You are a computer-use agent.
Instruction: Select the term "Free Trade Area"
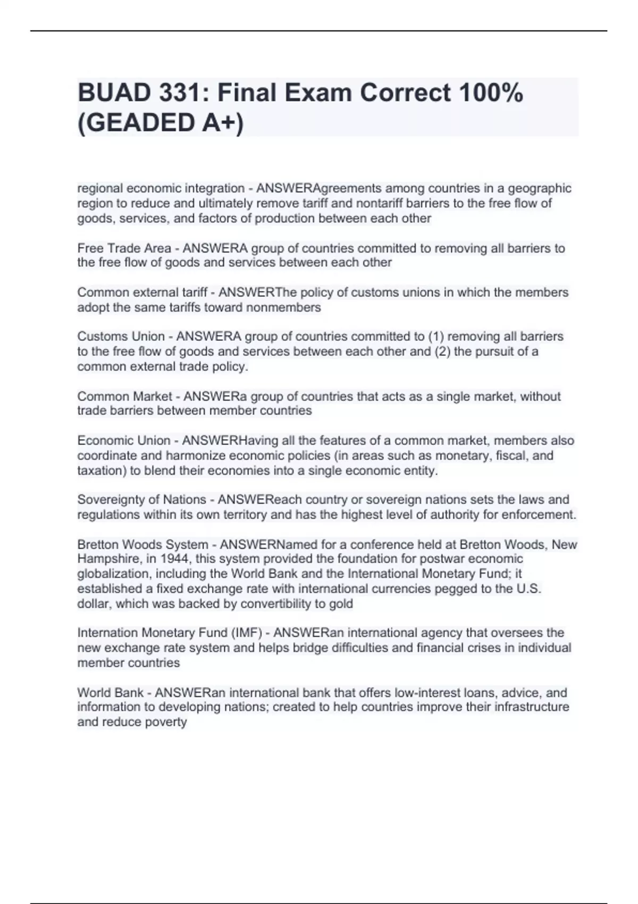(124, 248)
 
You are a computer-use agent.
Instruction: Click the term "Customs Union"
(121, 337)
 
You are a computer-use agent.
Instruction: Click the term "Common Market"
(124, 397)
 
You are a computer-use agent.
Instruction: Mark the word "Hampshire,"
(108, 559)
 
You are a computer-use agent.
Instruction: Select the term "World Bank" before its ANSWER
(110, 693)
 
